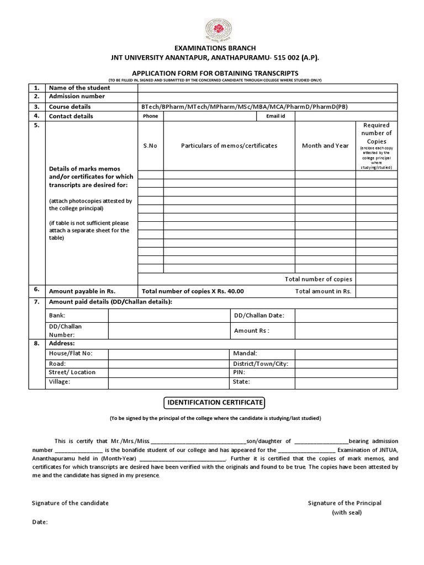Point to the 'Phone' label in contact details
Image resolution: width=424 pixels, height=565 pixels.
[150, 116]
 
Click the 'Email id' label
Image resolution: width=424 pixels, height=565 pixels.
[275, 116]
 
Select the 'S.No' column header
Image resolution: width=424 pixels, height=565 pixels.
[150, 146]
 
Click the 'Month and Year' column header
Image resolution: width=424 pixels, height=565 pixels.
[325, 146]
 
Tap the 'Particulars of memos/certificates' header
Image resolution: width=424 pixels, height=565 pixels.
[229, 146]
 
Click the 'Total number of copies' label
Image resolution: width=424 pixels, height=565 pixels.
[318, 279]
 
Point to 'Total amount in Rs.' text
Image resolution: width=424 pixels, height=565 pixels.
[324, 291]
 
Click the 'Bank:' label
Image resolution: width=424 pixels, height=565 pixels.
[57, 316]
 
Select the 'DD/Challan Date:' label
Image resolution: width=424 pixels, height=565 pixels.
[258, 316]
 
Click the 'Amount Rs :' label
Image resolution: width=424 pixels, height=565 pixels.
[251, 331]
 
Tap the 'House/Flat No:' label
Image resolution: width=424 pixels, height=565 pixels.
[71, 353]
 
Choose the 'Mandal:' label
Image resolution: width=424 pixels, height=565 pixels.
[245, 353]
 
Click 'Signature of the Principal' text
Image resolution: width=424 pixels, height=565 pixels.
[344, 503]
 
